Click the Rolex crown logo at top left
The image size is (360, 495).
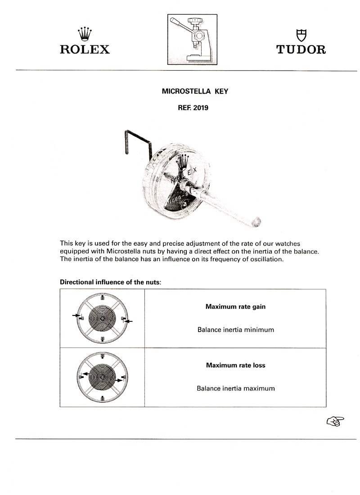(x=85, y=34)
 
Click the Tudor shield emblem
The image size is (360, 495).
(x=301, y=35)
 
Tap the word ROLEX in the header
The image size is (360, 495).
(x=85, y=49)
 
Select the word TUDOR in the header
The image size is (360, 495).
(x=301, y=49)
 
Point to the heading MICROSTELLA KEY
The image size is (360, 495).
(x=195, y=91)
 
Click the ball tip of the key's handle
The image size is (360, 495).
(x=257, y=221)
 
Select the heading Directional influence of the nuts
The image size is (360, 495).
(x=110, y=282)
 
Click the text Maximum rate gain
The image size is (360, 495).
(x=235, y=307)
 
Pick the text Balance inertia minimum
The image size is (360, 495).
(x=235, y=330)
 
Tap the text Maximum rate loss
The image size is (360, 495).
(x=235, y=365)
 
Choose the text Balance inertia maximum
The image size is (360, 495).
(x=235, y=388)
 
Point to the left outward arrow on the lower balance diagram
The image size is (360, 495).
(x=84, y=374)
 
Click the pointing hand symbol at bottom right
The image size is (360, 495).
(x=335, y=421)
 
